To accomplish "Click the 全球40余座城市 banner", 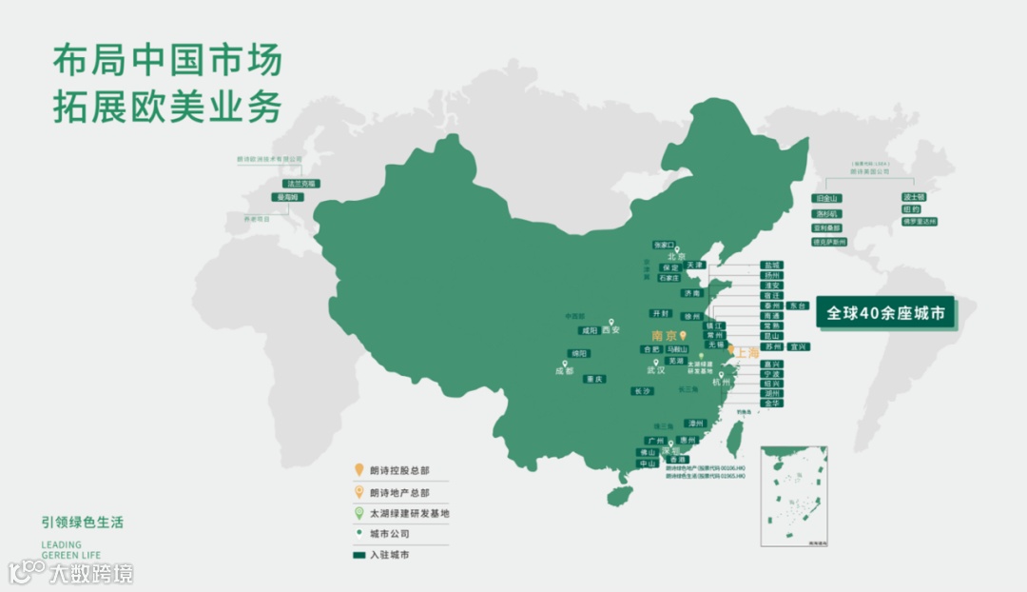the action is click(x=884, y=312).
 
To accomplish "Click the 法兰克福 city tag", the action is click(x=301, y=183).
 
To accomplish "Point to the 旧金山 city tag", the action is click(x=826, y=199).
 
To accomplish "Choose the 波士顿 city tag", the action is click(x=913, y=197).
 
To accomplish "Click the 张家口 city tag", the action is click(x=664, y=245).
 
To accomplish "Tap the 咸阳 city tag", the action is click(x=590, y=331).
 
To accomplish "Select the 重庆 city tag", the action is click(x=594, y=379).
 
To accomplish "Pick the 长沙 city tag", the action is click(x=642, y=391).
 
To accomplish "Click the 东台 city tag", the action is click(x=798, y=306).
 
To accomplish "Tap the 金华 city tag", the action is click(x=771, y=404).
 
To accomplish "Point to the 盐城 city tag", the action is click(x=772, y=266).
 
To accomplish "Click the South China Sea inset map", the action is click(x=793, y=494).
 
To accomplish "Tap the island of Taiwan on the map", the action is click(x=735, y=439).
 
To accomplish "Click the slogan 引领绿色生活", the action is click(x=83, y=523).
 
